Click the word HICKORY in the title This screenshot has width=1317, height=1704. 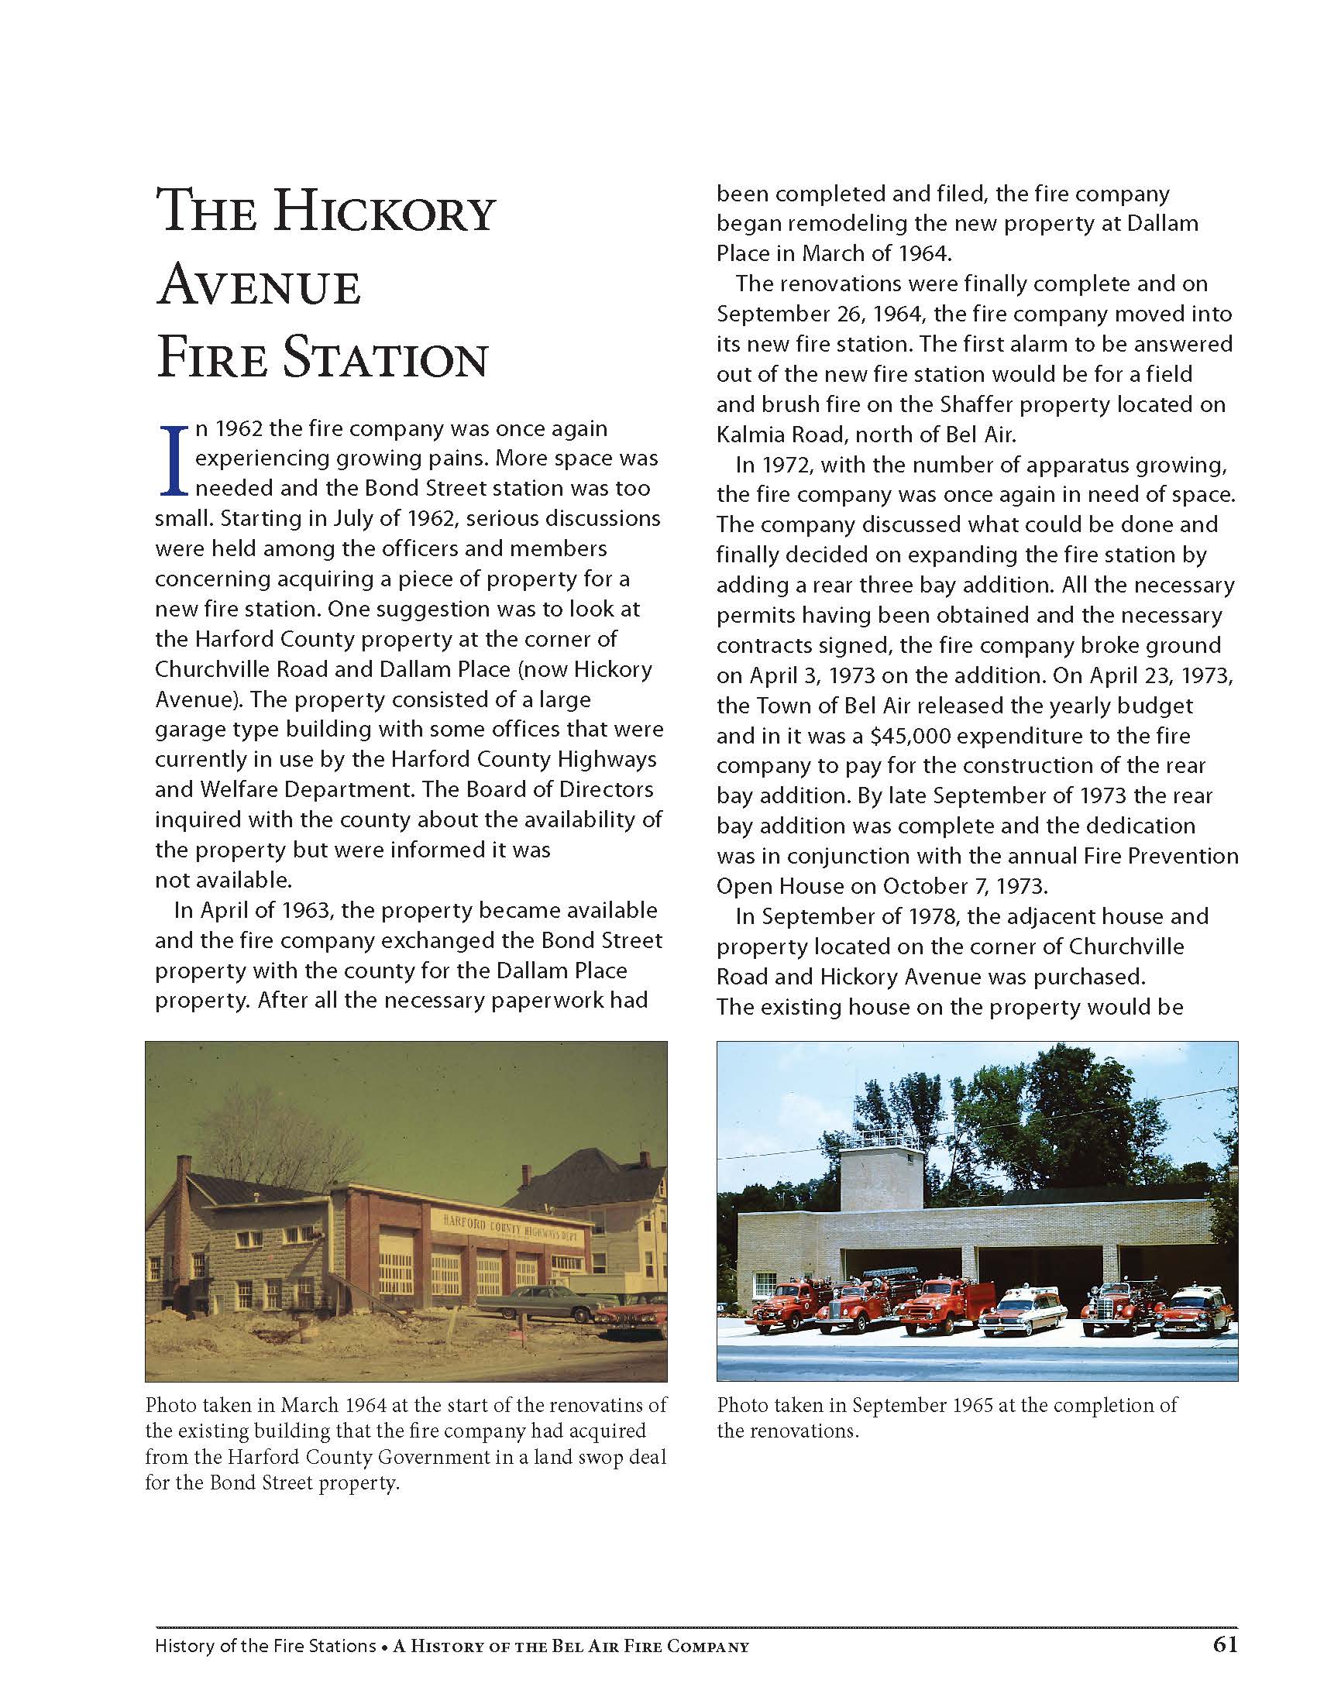[x=387, y=212]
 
